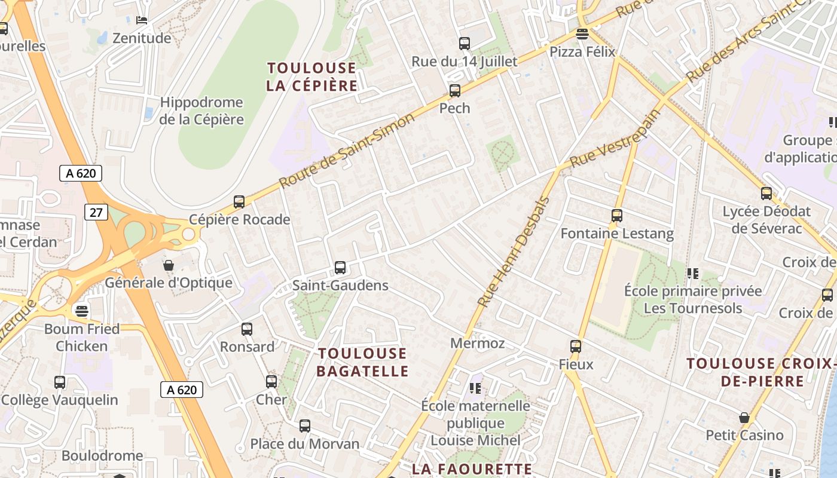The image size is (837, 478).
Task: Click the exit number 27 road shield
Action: tap(96, 212)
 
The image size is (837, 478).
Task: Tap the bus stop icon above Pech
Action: tap(455, 91)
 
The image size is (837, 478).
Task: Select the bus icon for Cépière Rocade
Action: tap(239, 202)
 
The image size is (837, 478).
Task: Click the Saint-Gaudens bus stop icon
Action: tap(340, 267)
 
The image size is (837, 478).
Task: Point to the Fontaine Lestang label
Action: tap(617, 233)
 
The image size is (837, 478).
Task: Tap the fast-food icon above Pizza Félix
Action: tap(582, 33)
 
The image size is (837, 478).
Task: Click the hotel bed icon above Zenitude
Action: tap(142, 20)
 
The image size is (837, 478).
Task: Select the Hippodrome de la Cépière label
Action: tap(201, 111)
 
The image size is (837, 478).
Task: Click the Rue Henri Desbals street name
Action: tap(512, 252)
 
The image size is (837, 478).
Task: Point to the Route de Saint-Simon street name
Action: tap(347, 149)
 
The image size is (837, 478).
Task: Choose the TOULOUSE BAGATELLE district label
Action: tap(362, 362)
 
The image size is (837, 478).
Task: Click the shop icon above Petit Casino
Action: tap(744, 417)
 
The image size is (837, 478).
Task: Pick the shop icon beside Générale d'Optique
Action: tap(169, 265)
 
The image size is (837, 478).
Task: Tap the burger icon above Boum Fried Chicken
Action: tap(82, 311)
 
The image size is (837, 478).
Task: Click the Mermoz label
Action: tap(477, 343)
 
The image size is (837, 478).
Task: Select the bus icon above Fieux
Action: tap(576, 346)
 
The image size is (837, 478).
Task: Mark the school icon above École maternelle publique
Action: tap(475, 388)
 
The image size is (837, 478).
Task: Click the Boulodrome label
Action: tap(102, 455)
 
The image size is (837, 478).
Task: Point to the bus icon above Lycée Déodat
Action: tap(766, 194)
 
